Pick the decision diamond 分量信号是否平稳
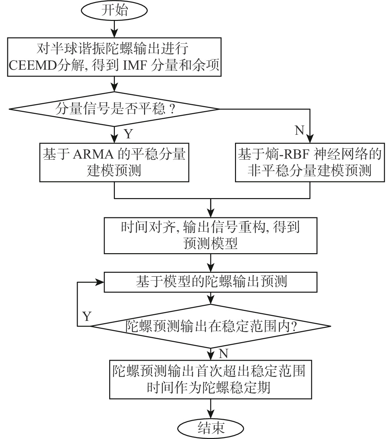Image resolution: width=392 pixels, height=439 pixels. click(115, 109)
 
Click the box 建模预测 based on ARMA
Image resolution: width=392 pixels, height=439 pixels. click(115, 163)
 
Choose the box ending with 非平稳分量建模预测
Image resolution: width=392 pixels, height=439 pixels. click(309, 163)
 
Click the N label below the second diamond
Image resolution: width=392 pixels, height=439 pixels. click(223, 354)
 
